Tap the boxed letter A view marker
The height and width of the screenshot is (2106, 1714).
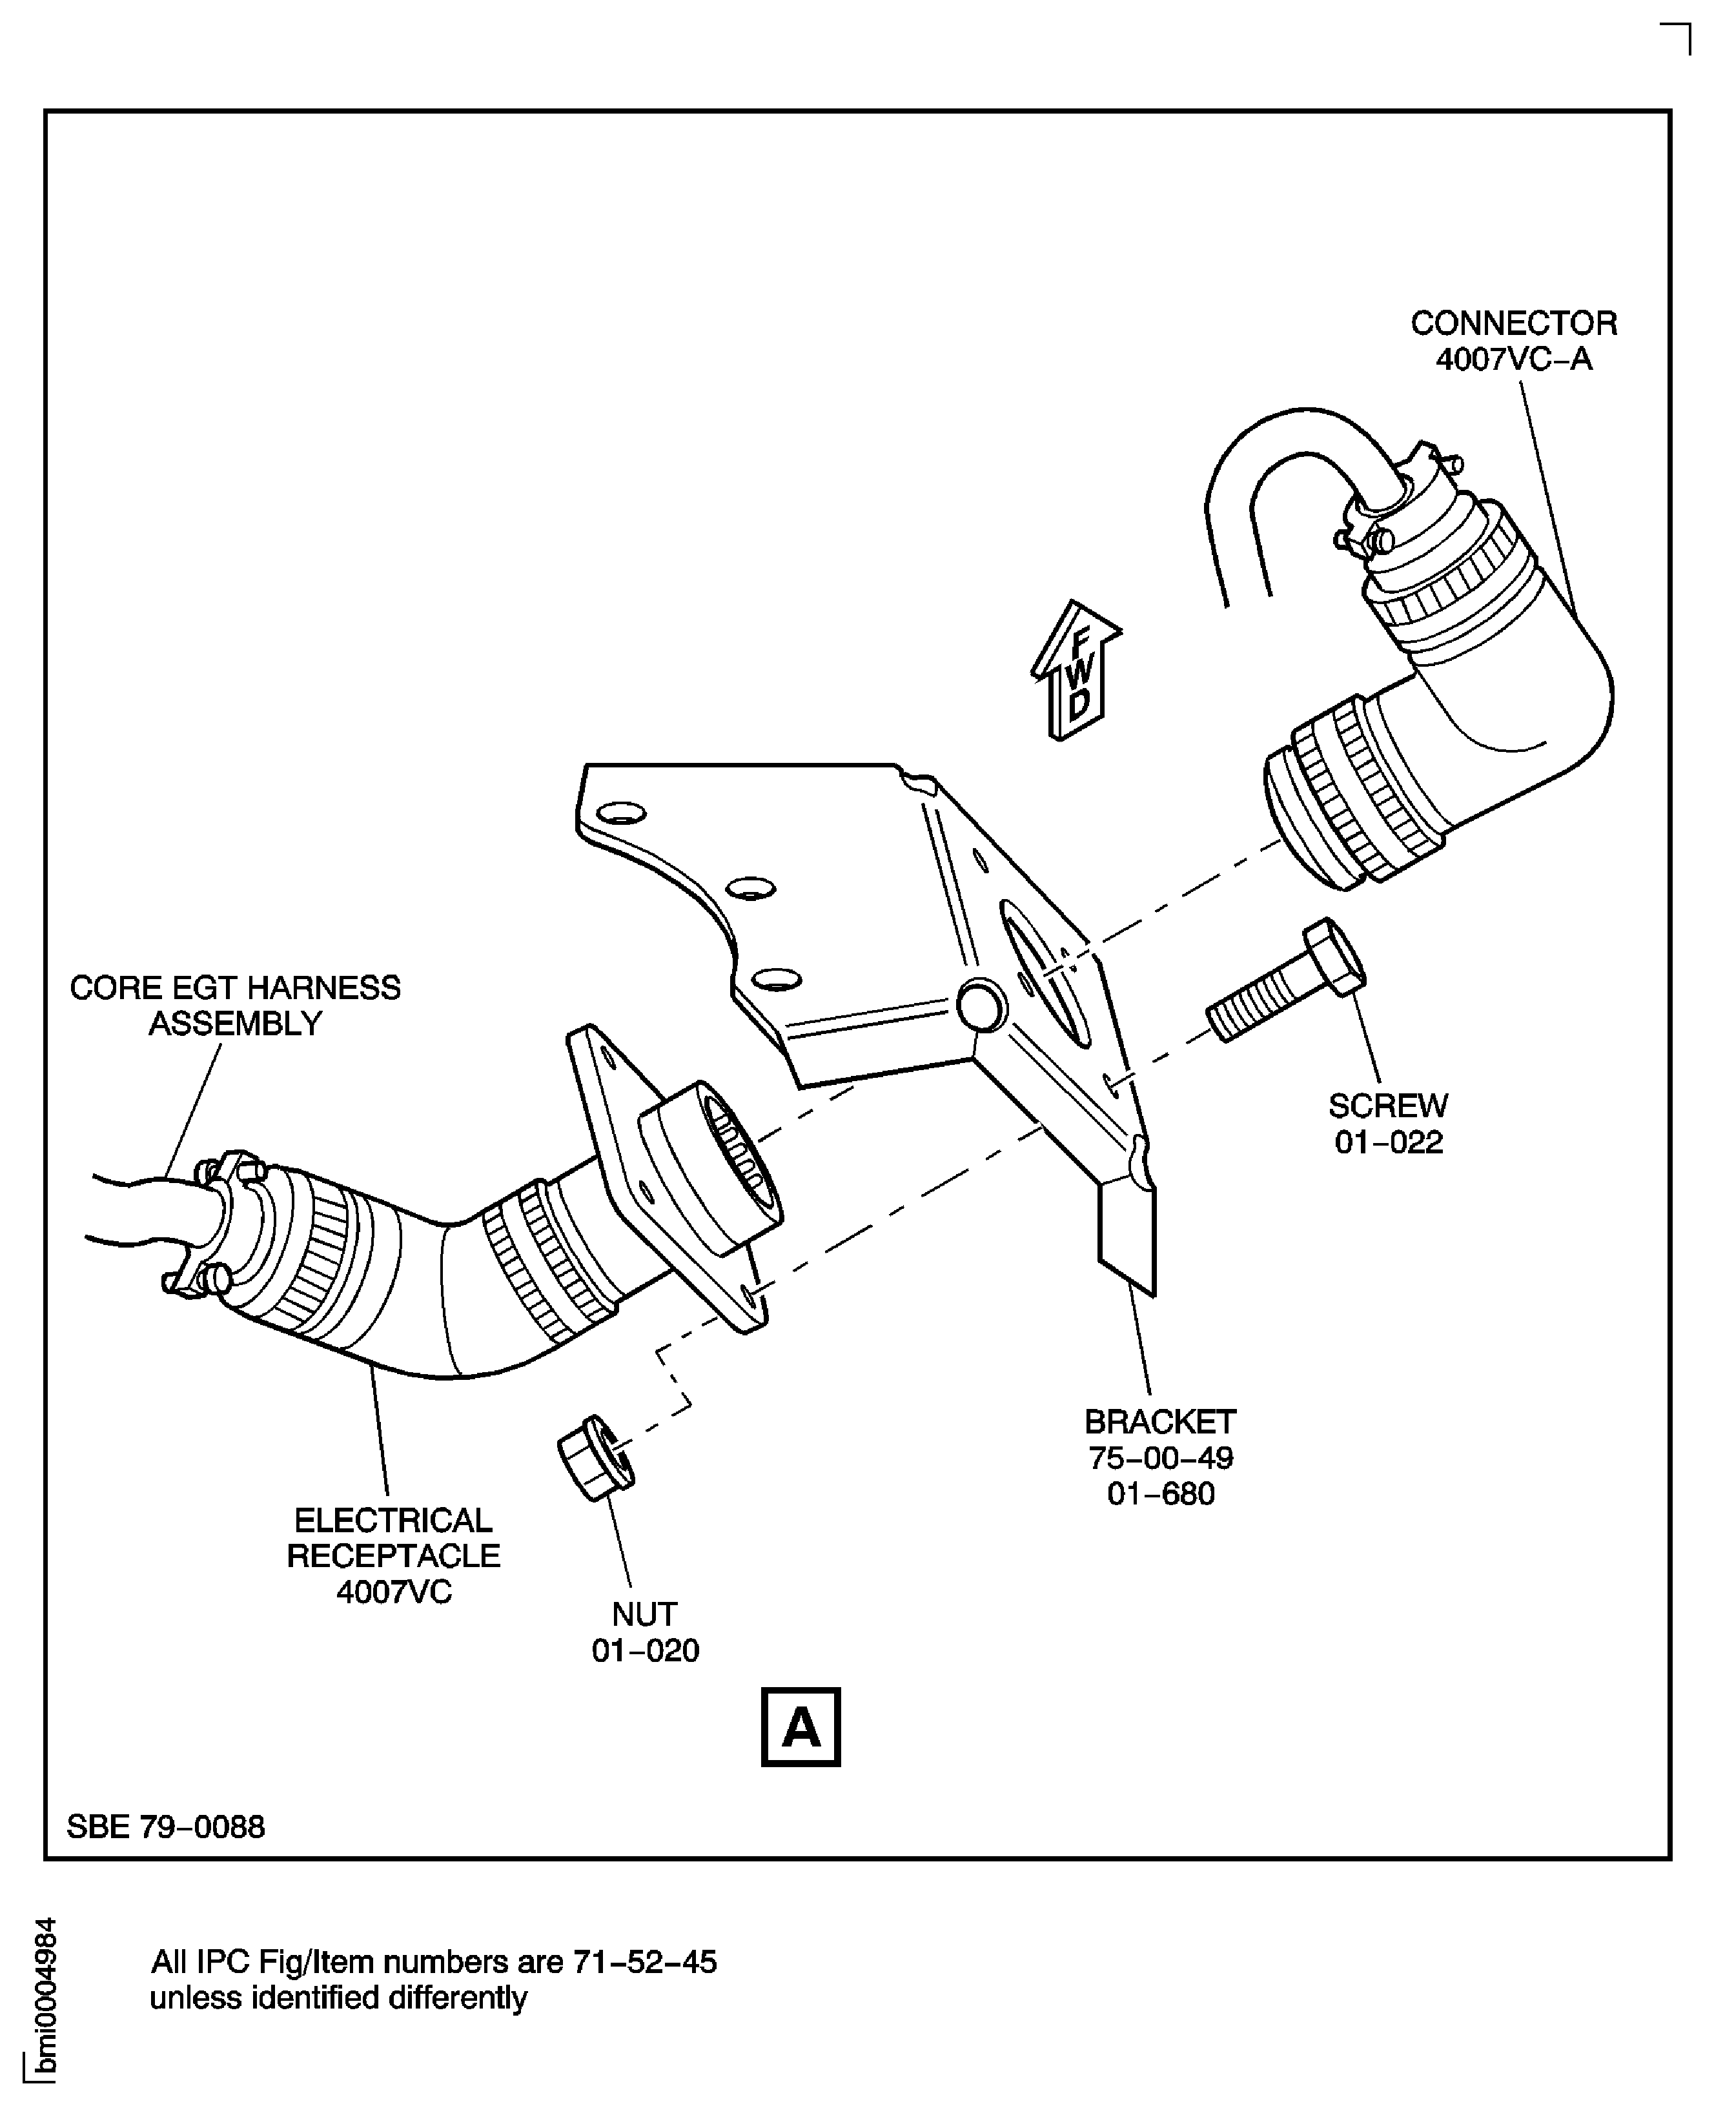pos(801,1727)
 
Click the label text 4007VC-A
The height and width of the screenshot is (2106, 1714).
pos(1514,359)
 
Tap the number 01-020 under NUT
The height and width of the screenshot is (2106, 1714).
pos(646,1650)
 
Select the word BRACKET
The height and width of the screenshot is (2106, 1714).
pos(1160,1421)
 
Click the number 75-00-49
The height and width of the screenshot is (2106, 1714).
pos(1160,1457)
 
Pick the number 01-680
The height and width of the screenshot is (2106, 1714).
pos(1160,1493)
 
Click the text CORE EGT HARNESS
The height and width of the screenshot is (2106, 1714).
pos(235,988)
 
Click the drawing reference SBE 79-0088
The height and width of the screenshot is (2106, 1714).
pos(166,1827)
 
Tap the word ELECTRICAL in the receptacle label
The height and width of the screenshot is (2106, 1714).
pos(393,1520)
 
